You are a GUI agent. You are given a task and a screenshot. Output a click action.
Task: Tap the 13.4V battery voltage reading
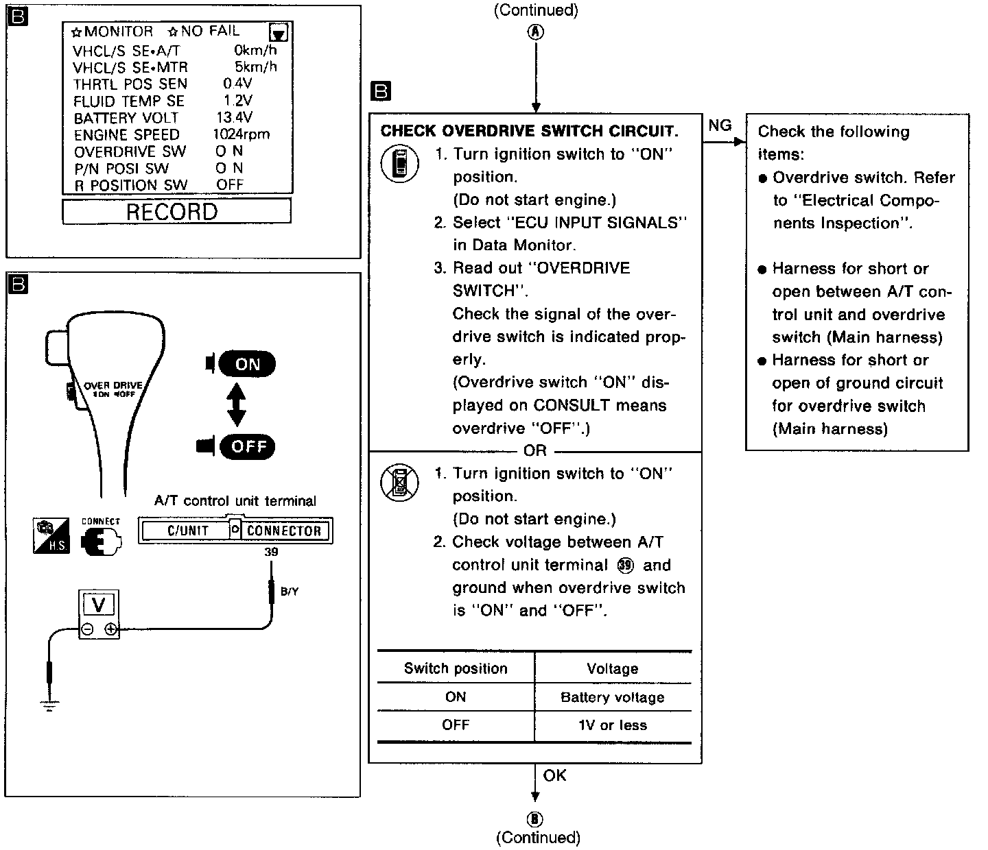pyautogui.click(x=234, y=118)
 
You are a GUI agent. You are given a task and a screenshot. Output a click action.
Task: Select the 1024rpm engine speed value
pyautogui.click(x=241, y=134)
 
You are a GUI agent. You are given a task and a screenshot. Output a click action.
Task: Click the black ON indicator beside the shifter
pyautogui.click(x=246, y=364)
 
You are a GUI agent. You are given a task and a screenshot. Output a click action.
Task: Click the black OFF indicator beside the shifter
pyautogui.click(x=248, y=447)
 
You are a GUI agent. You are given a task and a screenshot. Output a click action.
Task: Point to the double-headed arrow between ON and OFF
pyautogui.click(x=237, y=405)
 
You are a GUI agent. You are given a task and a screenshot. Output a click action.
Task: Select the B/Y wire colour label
pyautogui.click(x=290, y=592)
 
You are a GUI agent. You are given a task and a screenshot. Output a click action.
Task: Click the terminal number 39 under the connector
pyautogui.click(x=271, y=552)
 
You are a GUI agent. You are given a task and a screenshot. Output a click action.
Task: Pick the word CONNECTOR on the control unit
pyautogui.click(x=283, y=531)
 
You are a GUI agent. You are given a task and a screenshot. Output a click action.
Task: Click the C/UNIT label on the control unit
pyautogui.click(x=187, y=531)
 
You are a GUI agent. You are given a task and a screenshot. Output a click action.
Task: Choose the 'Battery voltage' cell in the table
pyautogui.click(x=612, y=698)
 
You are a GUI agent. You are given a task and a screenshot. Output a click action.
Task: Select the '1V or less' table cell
pyautogui.click(x=612, y=725)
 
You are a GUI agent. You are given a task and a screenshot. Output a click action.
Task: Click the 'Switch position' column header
pyautogui.click(x=456, y=669)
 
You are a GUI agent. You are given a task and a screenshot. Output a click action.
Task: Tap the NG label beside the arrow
pyautogui.click(x=720, y=125)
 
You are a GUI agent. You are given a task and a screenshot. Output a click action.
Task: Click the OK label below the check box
pyautogui.click(x=554, y=775)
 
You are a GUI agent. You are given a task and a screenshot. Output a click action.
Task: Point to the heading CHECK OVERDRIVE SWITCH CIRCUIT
pyautogui.click(x=529, y=131)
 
